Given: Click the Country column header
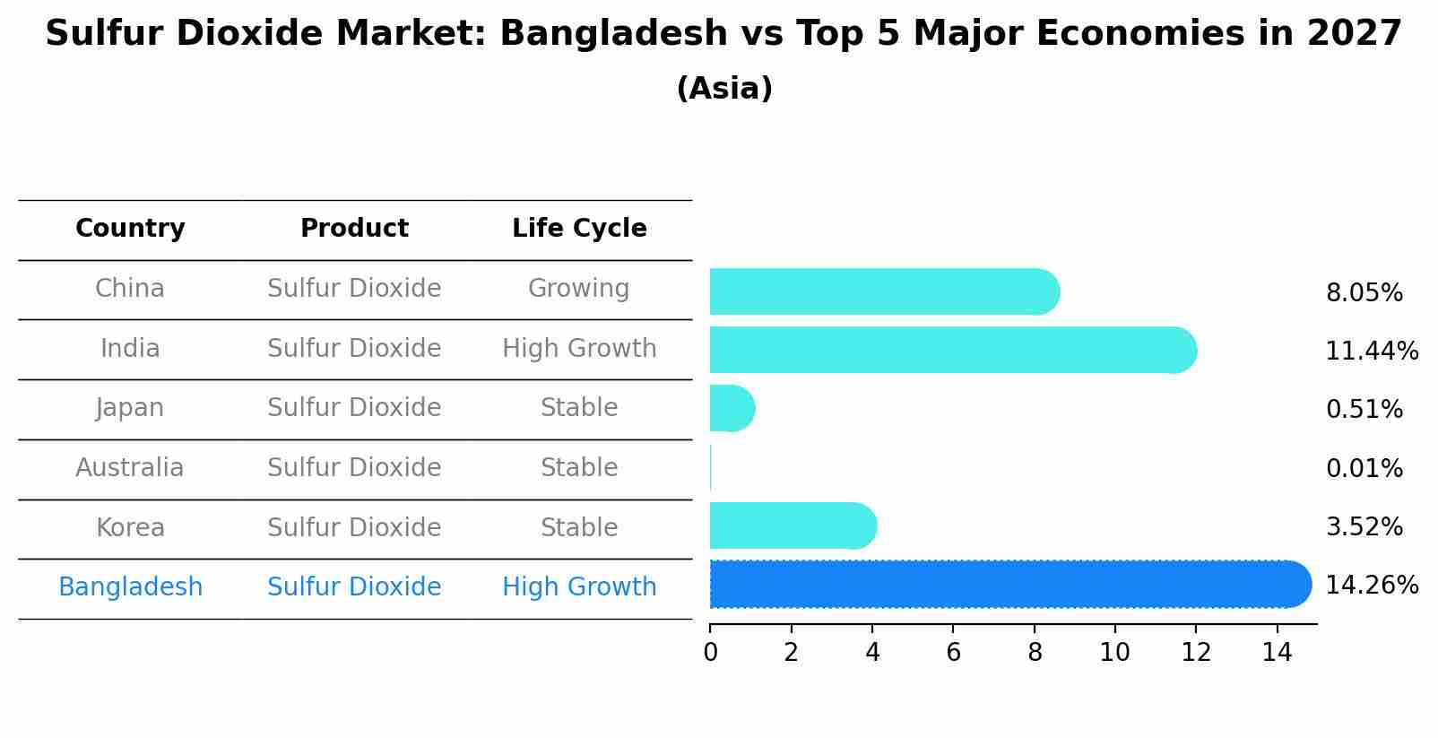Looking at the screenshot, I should coord(130,229).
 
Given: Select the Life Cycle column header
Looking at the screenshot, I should coord(579,229).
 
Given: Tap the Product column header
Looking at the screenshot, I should coord(354,229).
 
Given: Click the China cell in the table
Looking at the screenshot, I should coord(130,289).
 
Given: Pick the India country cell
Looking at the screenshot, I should coord(130,348).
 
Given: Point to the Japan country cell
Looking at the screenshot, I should coord(130,408).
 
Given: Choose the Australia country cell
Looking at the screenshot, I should coord(130,468).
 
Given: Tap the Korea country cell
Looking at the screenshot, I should coord(130,527).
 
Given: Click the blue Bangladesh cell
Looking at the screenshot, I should coord(130,587).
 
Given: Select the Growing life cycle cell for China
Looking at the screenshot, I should coord(579,289).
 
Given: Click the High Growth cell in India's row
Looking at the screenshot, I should coord(579,348).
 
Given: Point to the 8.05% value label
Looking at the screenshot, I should coord(1364,293).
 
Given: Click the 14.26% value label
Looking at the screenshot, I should coord(1372,586).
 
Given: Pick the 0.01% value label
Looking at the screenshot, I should coord(1364,469).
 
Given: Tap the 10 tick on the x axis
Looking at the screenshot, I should coord(1114,653).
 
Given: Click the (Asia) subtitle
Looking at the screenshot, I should coord(724,89).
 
